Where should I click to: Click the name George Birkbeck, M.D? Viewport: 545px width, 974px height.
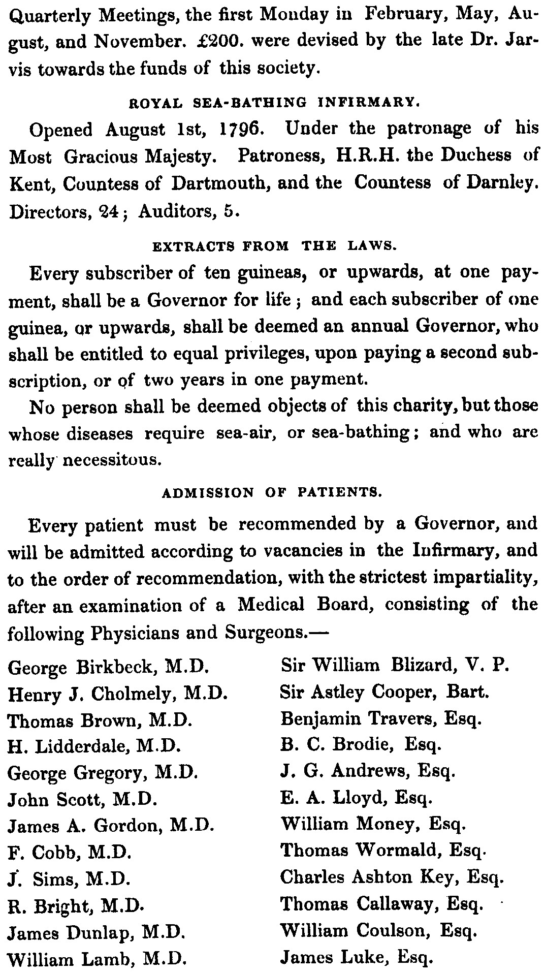(x=109, y=666)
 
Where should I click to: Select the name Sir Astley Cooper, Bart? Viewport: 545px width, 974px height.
(x=384, y=692)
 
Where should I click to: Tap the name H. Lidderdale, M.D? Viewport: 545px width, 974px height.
(x=95, y=745)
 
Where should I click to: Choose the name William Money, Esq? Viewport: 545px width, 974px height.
(x=373, y=824)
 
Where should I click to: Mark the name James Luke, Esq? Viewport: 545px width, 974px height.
(x=357, y=957)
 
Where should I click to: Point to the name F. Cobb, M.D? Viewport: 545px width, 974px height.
(x=70, y=851)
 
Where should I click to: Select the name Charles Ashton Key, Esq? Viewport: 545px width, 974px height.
(x=392, y=877)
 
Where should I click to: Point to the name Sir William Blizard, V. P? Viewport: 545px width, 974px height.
(x=395, y=665)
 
